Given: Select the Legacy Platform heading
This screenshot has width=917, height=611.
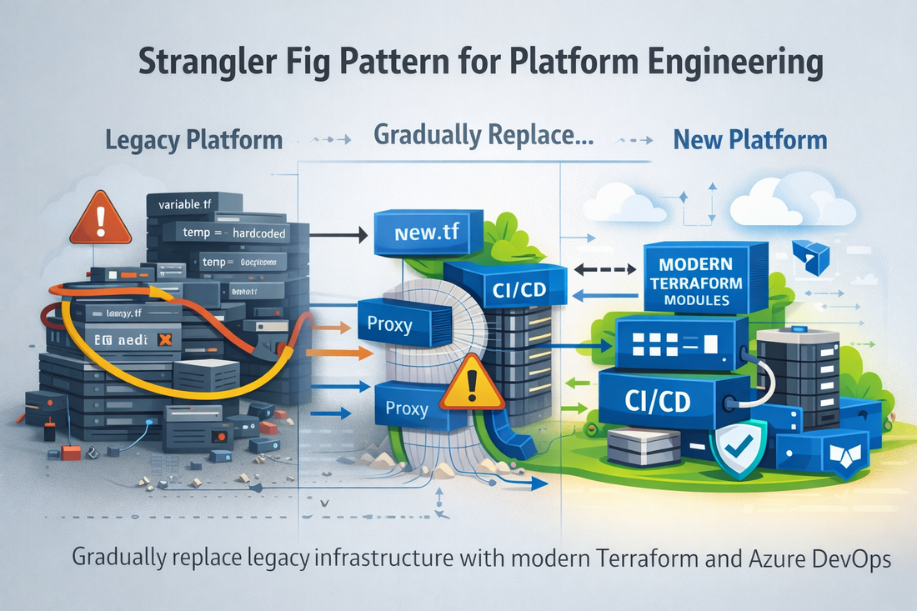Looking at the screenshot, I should [194, 139].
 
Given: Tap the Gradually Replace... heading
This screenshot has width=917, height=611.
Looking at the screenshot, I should [484, 135].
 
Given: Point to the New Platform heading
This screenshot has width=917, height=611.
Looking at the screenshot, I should [749, 139].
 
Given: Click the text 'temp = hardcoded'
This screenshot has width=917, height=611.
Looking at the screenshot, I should [234, 233].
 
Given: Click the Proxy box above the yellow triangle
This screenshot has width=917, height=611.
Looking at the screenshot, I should [389, 323].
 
